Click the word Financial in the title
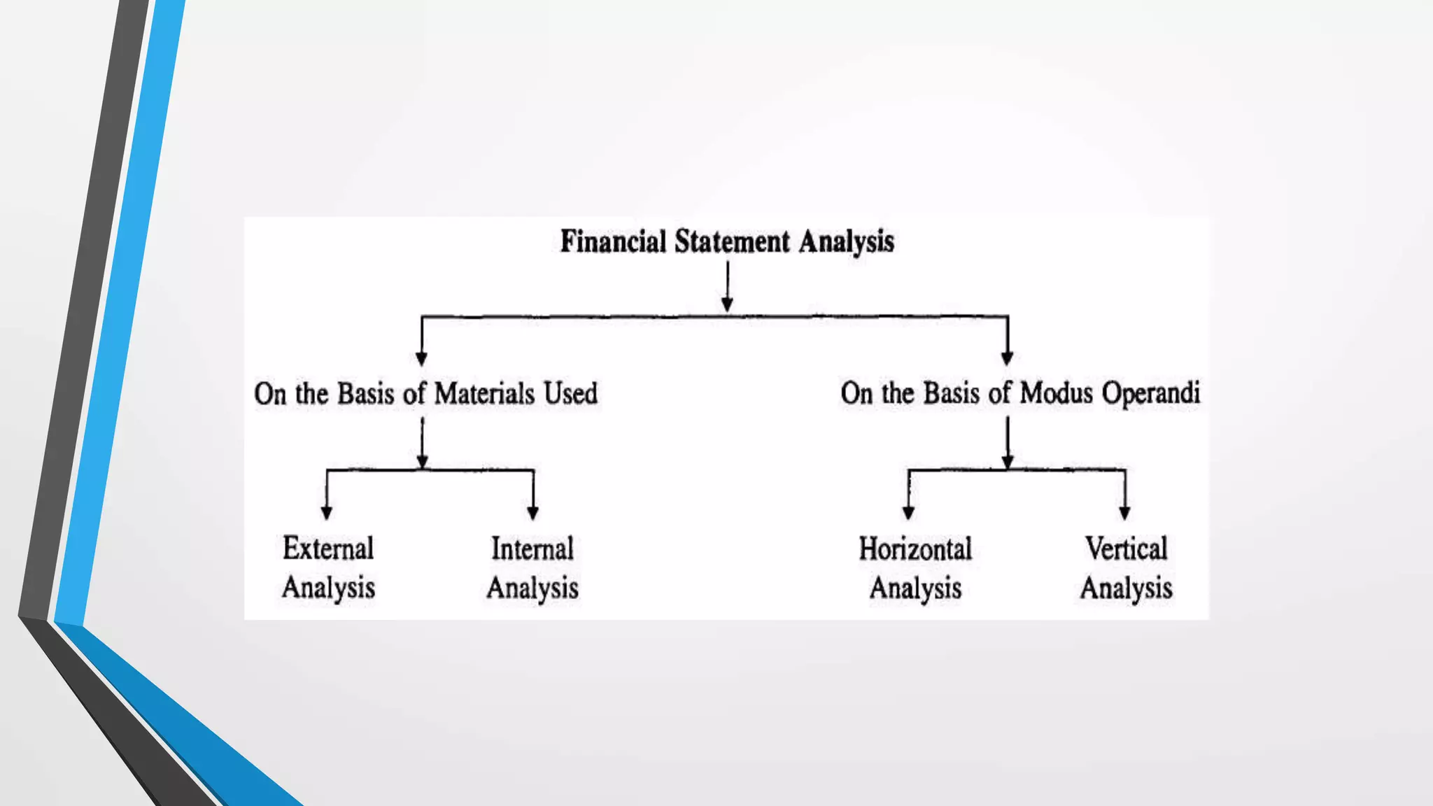coord(613,241)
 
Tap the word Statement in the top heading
coord(732,241)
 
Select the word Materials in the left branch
coord(484,393)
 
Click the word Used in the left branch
coord(571,393)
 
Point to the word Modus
coord(1056,393)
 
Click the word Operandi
coord(1150,394)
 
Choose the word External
coord(328,548)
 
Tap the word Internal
coord(532,549)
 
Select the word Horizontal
coord(915,549)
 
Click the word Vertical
coord(1126,549)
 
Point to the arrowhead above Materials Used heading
coord(421,359)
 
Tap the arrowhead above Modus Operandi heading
coord(1007,359)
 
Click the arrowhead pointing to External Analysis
coord(327,513)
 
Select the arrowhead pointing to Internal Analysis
coord(533,513)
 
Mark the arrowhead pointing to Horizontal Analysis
coord(908,513)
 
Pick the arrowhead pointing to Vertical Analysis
coord(1124,513)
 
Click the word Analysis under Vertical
coord(1126,588)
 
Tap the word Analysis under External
coord(328,588)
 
